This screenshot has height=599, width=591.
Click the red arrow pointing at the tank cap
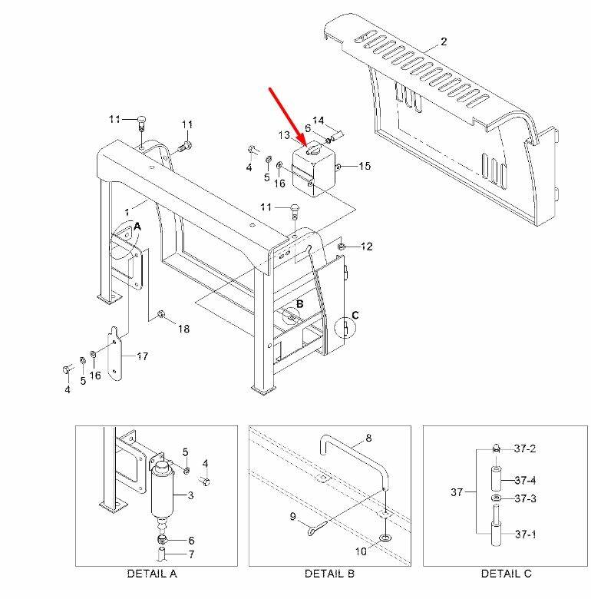pos(289,117)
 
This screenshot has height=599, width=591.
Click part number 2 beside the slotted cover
pos(444,41)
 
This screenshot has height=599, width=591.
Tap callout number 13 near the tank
pos(284,135)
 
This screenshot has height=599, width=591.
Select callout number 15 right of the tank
pos(365,166)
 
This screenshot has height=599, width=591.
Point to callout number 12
pos(366,247)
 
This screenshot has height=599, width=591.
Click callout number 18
pos(183,329)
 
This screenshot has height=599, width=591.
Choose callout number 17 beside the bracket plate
pos(143,356)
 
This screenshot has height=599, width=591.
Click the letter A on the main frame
pos(137,227)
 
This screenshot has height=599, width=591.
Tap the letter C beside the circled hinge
pos(355,315)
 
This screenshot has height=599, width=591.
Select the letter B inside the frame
pos(299,303)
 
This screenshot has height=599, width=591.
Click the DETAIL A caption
pos(152,574)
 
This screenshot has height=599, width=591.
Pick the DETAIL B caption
pos(329,574)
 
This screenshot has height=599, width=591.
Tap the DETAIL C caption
pos(506,574)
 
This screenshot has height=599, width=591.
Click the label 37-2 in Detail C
pos(525,448)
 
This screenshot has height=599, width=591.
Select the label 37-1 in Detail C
pos(525,534)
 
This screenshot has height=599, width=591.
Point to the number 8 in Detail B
pos(368,438)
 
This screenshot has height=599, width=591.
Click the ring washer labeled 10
pos(385,538)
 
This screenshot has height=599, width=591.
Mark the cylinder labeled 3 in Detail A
pos(162,495)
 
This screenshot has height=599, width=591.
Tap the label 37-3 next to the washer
pos(525,498)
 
